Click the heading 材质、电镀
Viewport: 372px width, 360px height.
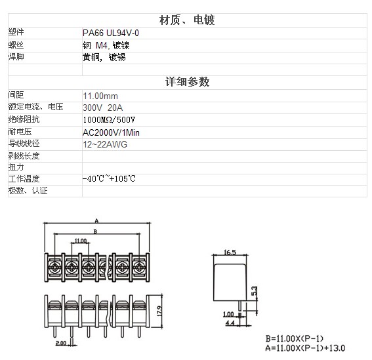pos(187,20)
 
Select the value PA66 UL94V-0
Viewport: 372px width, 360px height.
pos(111,33)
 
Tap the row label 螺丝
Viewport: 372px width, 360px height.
pos(16,45)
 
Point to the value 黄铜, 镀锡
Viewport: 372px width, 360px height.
pos(104,58)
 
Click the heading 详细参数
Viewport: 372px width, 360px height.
pos(187,82)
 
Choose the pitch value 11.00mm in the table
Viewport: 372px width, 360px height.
pos(100,96)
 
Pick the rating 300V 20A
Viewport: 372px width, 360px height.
pos(103,108)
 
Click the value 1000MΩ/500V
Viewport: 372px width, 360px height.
pos(109,120)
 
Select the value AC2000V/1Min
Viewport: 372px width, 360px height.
pos(111,132)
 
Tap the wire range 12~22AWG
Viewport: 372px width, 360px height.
pos(105,144)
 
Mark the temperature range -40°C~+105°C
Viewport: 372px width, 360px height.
pos(109,178)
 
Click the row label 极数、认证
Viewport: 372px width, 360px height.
pos(28,191)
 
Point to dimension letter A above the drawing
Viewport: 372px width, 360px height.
pos(96,221)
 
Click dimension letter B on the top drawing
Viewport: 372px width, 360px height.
pos(95,231)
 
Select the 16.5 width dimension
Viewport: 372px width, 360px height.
pos(230,252)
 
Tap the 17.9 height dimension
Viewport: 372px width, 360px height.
pos(159,311)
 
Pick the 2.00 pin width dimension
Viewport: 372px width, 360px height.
pos(61,343)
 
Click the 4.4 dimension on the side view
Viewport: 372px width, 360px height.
pos(230,323)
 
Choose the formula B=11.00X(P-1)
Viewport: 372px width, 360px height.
pos(295,338)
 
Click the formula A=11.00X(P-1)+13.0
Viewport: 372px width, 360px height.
pos(305,348)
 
